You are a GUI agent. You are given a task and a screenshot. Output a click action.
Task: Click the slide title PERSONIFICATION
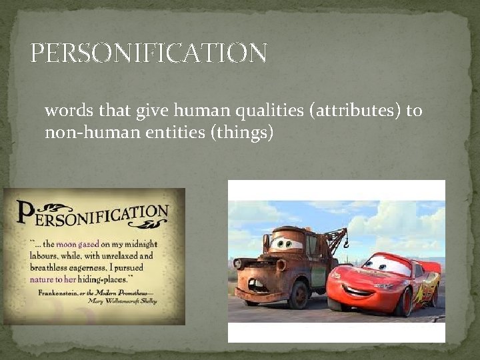149,53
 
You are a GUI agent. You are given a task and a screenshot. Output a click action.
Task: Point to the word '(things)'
241,133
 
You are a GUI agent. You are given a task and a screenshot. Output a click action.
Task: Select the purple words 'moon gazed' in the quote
78,245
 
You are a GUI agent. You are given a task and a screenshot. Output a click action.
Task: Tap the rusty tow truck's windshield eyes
286,243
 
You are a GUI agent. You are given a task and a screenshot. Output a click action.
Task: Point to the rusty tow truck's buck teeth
258,285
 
